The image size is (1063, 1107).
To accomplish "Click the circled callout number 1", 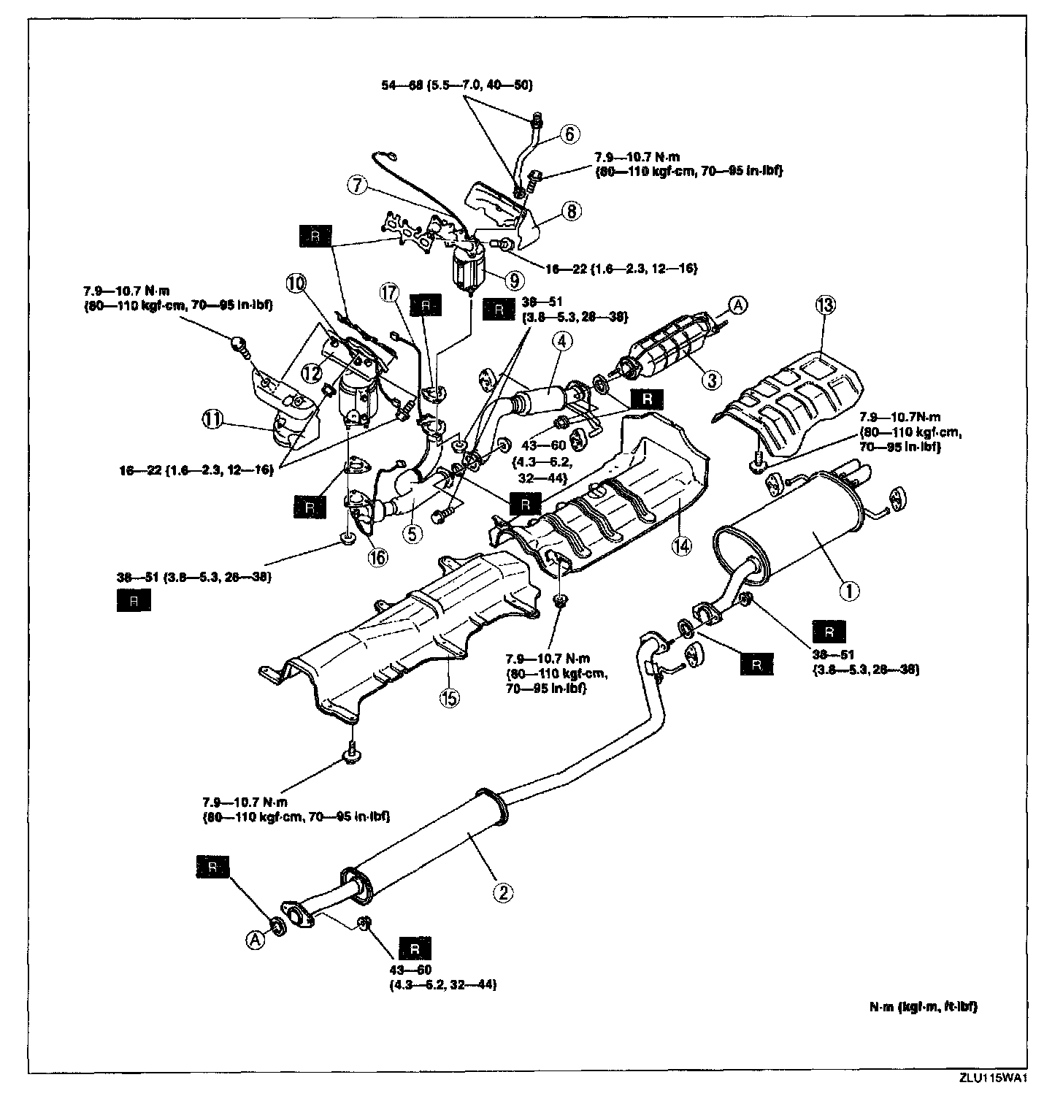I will (x=848, y=590).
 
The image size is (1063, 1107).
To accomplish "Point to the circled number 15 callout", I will (x=450, y=697).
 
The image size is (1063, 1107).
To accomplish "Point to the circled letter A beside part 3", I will (x=737, y=306).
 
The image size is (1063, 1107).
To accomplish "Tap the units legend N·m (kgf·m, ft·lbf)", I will (x=923, y=1006).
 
